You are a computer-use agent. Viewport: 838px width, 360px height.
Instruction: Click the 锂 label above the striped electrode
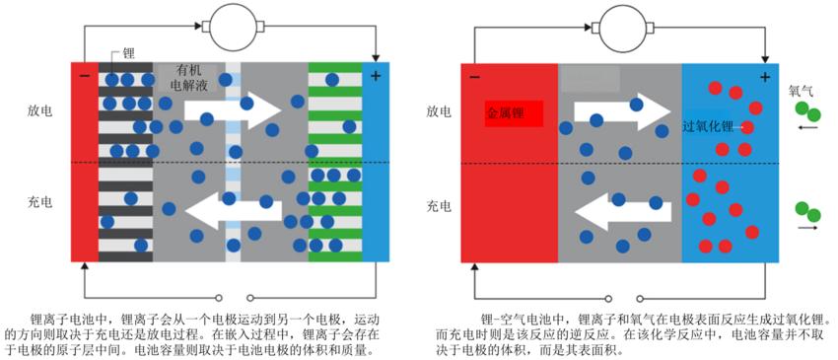[129, 53]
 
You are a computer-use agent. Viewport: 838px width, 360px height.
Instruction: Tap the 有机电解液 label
[189, 78]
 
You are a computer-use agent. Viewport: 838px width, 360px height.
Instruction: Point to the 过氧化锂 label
[709, 127]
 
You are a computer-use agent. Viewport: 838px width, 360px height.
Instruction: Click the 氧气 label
[800, 90]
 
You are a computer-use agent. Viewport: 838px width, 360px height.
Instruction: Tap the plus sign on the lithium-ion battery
[376, 76]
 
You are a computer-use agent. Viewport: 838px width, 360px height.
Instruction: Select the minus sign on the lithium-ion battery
[84, 76]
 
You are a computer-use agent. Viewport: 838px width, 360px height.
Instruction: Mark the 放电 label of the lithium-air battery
[439, 111]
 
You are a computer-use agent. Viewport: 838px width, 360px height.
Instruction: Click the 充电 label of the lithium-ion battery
[40, 203]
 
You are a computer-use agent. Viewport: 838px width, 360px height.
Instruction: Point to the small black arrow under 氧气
[807, 127]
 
